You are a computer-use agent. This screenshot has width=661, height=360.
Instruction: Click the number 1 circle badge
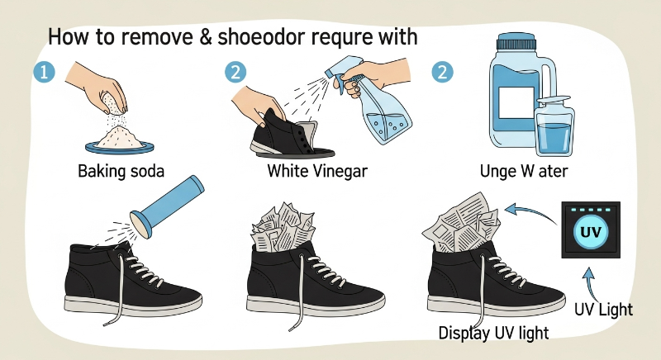coord(45,72)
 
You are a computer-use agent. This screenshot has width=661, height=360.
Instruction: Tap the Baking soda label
coord(121,172)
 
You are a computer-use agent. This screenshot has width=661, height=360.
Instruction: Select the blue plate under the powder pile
coord(119,147)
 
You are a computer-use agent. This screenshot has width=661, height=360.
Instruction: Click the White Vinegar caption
coord(317,171)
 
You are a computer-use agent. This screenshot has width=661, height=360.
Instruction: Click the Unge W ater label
coord(524,171)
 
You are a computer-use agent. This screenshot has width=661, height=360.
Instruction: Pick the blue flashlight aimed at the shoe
coord(168,206)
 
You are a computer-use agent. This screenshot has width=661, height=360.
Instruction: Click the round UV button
coord(591,231)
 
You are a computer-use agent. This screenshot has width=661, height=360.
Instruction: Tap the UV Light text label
coord(603,310)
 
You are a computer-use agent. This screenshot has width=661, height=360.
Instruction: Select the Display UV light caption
coord(493,333)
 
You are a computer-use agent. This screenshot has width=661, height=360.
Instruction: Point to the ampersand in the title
coord(203,37)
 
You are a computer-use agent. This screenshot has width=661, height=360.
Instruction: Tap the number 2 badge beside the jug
coord(442,72)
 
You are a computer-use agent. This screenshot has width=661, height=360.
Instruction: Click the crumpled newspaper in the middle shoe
coord(283,227)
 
